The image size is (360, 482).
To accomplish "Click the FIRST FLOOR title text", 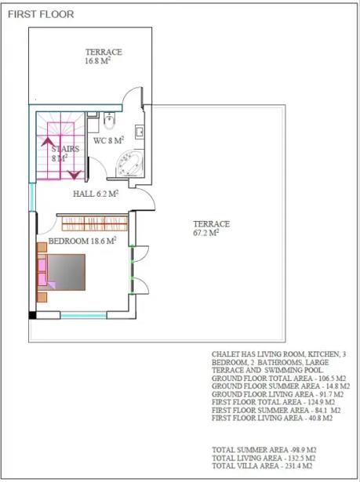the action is point(41,14).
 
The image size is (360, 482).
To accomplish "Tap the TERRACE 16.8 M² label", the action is point(104,56).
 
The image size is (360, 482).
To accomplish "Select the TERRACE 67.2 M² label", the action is point(212,228).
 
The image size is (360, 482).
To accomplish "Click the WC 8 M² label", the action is point(108,140).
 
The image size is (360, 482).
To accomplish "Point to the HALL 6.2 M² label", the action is point(96,194).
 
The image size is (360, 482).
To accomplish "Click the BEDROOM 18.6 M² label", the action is point(82,241).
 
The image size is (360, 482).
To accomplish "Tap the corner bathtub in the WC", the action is point(129,164).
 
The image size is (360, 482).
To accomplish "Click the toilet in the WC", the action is point(109,121).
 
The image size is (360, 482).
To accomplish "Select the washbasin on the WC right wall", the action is point(140,132).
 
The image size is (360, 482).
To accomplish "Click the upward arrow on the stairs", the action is point(47,141).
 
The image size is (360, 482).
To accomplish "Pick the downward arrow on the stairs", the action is point(75,175).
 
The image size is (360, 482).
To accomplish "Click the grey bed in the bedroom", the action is point(66,272).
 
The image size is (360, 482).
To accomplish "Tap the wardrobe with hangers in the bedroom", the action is point(95,223).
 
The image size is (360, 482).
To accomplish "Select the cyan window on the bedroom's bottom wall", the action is point(83,315).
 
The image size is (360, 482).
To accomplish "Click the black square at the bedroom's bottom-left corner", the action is point(32,315).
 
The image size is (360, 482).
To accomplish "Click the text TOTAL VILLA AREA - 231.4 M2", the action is point(262,466).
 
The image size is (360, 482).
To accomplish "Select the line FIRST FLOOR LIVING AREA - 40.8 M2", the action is point(272,418).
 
